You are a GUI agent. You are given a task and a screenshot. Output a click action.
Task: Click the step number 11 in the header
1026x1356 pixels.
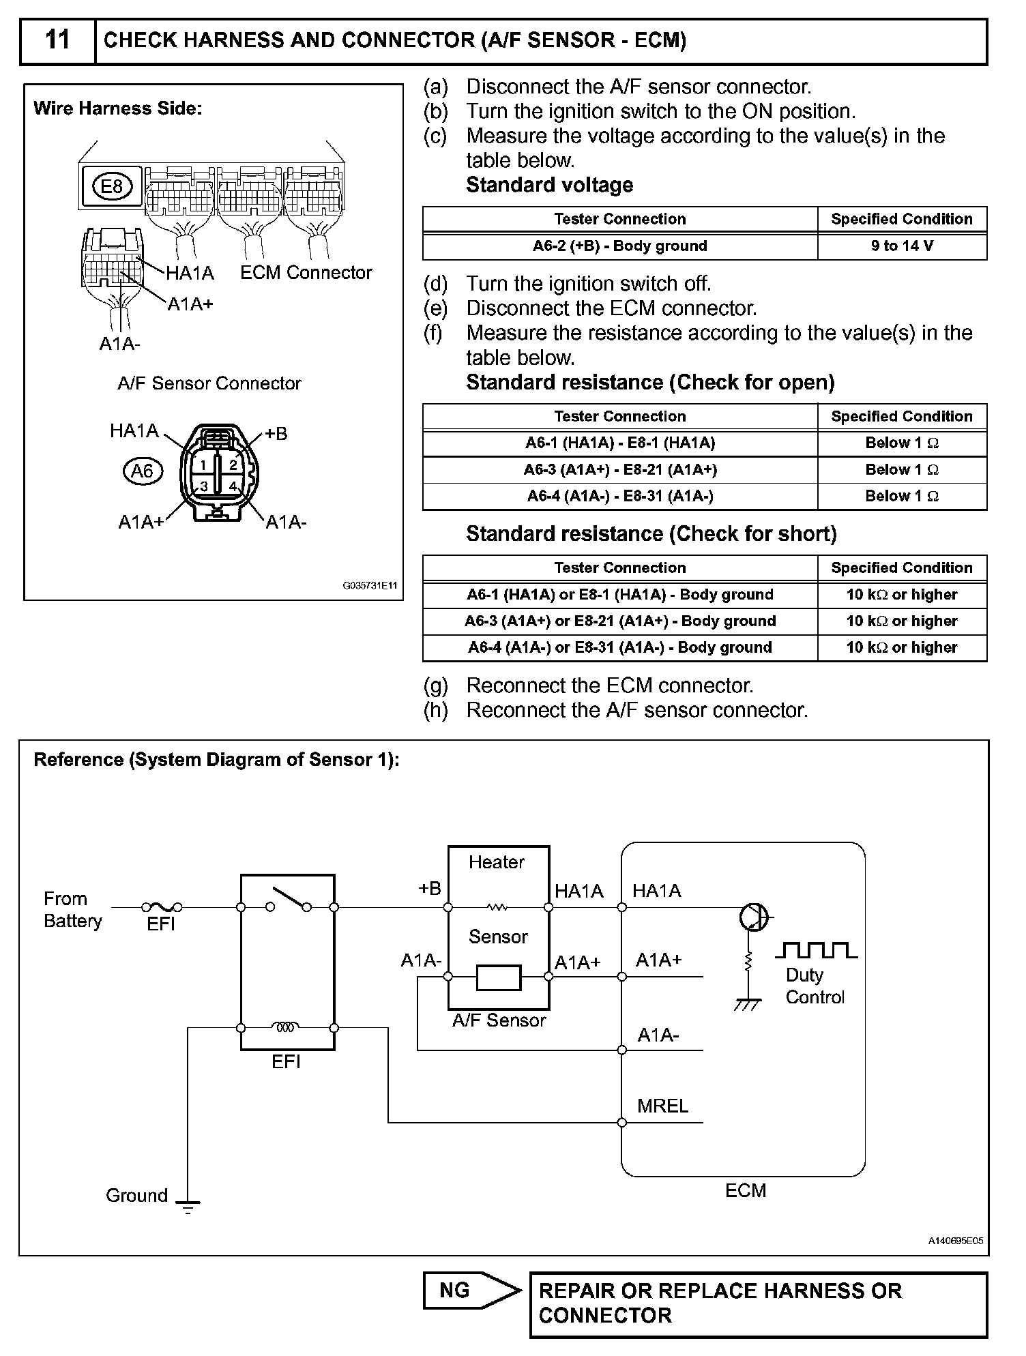tap(57, 40)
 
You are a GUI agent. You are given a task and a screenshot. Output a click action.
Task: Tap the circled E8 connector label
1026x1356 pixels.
tap(112, 186)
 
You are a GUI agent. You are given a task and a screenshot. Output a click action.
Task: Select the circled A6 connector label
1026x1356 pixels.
tap(143, 471)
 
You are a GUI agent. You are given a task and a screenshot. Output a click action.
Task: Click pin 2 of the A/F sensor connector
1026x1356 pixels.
tap(233, 465)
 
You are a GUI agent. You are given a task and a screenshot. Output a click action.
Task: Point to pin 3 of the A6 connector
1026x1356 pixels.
tap(203, 486)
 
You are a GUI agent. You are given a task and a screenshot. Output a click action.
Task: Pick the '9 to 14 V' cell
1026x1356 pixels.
tap(901, 246)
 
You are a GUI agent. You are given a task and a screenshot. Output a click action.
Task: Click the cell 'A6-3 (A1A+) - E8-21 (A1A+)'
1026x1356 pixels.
tap(619, 470)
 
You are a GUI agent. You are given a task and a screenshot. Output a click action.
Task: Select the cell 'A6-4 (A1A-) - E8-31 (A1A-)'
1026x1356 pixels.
tap(619, 497)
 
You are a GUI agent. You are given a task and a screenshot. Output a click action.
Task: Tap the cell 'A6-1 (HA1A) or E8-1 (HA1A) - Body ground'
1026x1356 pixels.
tap(619, 595)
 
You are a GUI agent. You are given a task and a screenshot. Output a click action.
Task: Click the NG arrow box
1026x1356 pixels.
tap(471, 1291)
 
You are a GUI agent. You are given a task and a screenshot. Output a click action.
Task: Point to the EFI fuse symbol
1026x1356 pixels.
tap(162, 907)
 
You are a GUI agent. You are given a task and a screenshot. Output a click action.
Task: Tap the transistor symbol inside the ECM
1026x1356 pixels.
tap(753, 917)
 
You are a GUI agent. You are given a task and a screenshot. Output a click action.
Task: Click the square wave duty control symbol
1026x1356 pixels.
tap(816, 949)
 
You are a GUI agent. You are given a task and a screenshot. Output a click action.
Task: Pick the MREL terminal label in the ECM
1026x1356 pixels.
tap(662, 1106)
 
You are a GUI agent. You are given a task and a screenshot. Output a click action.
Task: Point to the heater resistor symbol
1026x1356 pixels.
tap(498, 907)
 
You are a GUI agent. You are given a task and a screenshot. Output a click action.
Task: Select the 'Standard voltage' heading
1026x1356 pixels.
tap(549, 185)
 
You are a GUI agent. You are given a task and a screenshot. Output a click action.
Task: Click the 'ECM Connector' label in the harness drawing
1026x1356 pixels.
tap(306, 273)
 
